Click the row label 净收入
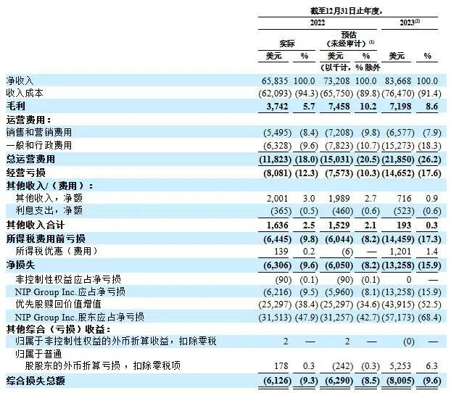click(20, 79)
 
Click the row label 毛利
click(15, 106)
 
